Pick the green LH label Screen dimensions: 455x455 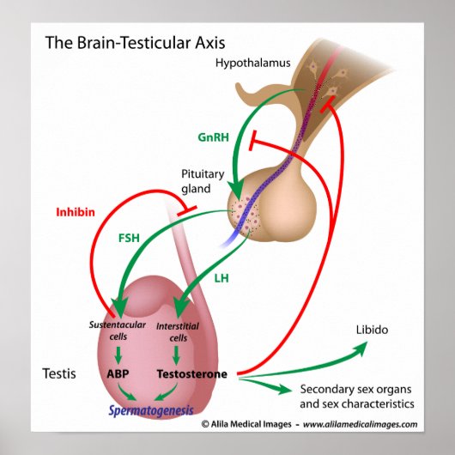pyautogui.click(x=220, y=277)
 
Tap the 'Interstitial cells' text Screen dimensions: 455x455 pyautogui.click(x=178, y=330)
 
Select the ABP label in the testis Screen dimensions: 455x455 pyautogui.click(x=118, y=374)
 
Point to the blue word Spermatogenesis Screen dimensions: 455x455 pyautogui.click(x=151, y=409)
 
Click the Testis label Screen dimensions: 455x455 pyautogui.click(x=58, y=374)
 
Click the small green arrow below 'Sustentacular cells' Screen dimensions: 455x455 pyautogui.click(x=118, y=353)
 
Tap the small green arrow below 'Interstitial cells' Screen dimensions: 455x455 pyautogui.click(x=177, y=353)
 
